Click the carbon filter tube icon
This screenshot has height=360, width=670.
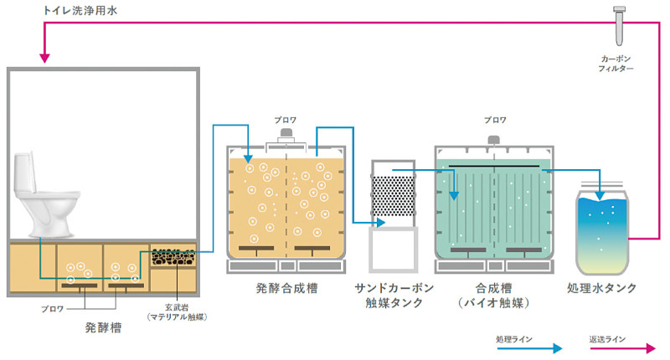tap(621, 26)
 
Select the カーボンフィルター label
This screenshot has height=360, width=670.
tap(617, 64)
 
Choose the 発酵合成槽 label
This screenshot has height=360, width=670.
tap(287, 288)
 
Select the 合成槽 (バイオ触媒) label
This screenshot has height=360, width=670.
tap(494, 295)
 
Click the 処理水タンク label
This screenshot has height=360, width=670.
tap(601, 288)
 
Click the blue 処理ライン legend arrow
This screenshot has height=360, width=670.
tap(524, 347)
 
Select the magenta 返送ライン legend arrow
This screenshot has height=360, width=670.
tap(620, 347)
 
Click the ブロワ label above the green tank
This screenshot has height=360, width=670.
tap(494, 120)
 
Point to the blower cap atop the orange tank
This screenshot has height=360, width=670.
tap(286, 134)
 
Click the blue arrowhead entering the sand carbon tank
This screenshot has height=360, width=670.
tap(380, 223)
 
